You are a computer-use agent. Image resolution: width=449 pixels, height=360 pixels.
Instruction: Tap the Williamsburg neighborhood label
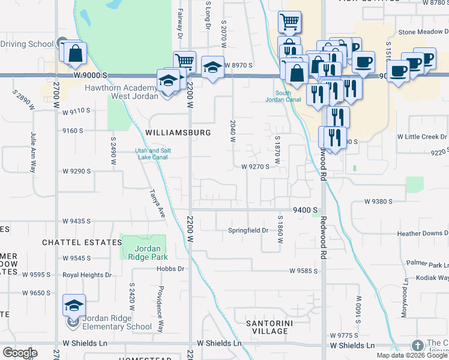click(x=178, y=132)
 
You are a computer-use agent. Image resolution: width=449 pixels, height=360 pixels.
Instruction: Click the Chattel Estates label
click(x=82, y=242)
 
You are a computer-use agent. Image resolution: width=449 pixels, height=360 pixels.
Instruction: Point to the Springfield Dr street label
click(x=247, y=230)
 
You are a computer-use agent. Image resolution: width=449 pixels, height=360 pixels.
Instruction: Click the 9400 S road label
click(x=304, y=210)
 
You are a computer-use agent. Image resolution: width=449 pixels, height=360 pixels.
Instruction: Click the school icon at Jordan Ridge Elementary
click(x=74, y=306)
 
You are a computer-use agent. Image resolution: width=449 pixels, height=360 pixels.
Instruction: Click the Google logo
click(x=20, y=353)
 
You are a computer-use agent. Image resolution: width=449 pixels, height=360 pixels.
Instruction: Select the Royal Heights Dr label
click(x=88, y=275)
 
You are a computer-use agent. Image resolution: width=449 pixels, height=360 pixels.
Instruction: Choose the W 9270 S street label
click(x=255, y=167)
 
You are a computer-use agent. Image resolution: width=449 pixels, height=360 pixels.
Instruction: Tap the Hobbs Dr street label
click(x=172, y=269)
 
